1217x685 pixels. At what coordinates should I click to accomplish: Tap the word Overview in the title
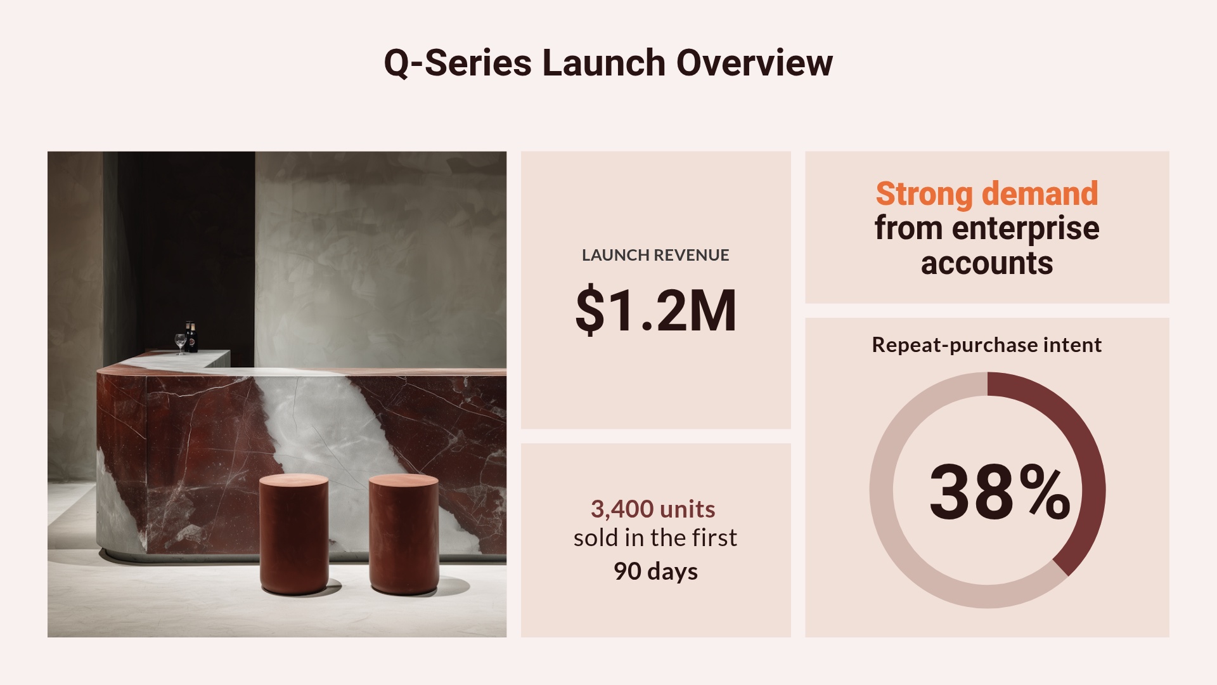point(754,63)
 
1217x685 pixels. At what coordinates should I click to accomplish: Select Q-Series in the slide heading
point(458,63)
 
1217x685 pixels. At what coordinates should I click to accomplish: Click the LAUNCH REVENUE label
point(655,255)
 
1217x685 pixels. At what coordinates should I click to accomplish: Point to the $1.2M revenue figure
point(655,310)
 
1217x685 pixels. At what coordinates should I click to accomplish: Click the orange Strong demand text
point(986,193)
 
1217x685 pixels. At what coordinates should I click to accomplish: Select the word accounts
point(986,263)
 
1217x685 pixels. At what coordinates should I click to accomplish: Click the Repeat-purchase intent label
point(986,345)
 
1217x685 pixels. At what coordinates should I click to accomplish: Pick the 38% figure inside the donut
point(999,492)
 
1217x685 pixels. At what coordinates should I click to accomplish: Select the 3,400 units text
point(653,509)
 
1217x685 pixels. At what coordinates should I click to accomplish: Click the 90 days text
point(655,571)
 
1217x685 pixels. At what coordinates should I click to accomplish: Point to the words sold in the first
point(655,538)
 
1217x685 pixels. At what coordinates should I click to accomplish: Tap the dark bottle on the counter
point(191,337)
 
